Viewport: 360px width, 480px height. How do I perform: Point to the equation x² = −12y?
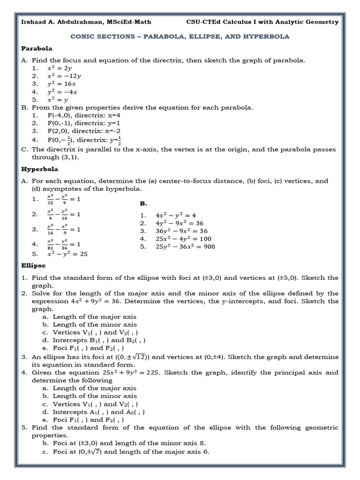pos(64,75)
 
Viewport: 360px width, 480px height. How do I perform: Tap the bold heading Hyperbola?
pos(40,169)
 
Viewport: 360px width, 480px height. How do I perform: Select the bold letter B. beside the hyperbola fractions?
pos(143,203)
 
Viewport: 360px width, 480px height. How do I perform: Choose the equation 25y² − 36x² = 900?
pos(185,247)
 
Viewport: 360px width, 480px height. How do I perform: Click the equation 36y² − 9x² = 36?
pos(181,231)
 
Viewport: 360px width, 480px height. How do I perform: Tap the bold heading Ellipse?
pos(34,265)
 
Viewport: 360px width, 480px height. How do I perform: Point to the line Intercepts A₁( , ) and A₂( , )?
pos(98,412)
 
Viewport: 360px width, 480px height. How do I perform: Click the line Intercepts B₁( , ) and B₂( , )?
pos(99,340)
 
